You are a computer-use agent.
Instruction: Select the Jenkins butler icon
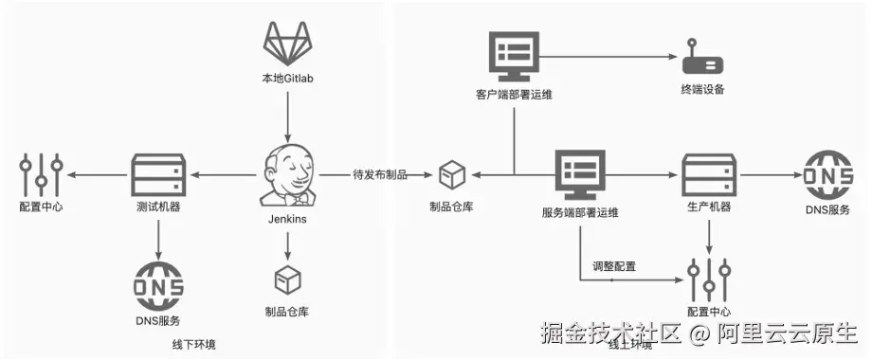[287, 175]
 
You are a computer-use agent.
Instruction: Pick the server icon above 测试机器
[158, 173]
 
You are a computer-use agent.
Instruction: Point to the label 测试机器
[158, 207]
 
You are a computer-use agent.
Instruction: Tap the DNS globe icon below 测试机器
[158, 282]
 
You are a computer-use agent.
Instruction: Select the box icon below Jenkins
[287, 280]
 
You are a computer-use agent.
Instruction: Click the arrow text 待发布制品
[379, 174]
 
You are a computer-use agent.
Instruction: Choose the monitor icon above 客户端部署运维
[513, 55]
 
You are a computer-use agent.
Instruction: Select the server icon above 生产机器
[709, 173]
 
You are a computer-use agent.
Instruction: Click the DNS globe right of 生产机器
[826, 173]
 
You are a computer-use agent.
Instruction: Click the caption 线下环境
[193, 344]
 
